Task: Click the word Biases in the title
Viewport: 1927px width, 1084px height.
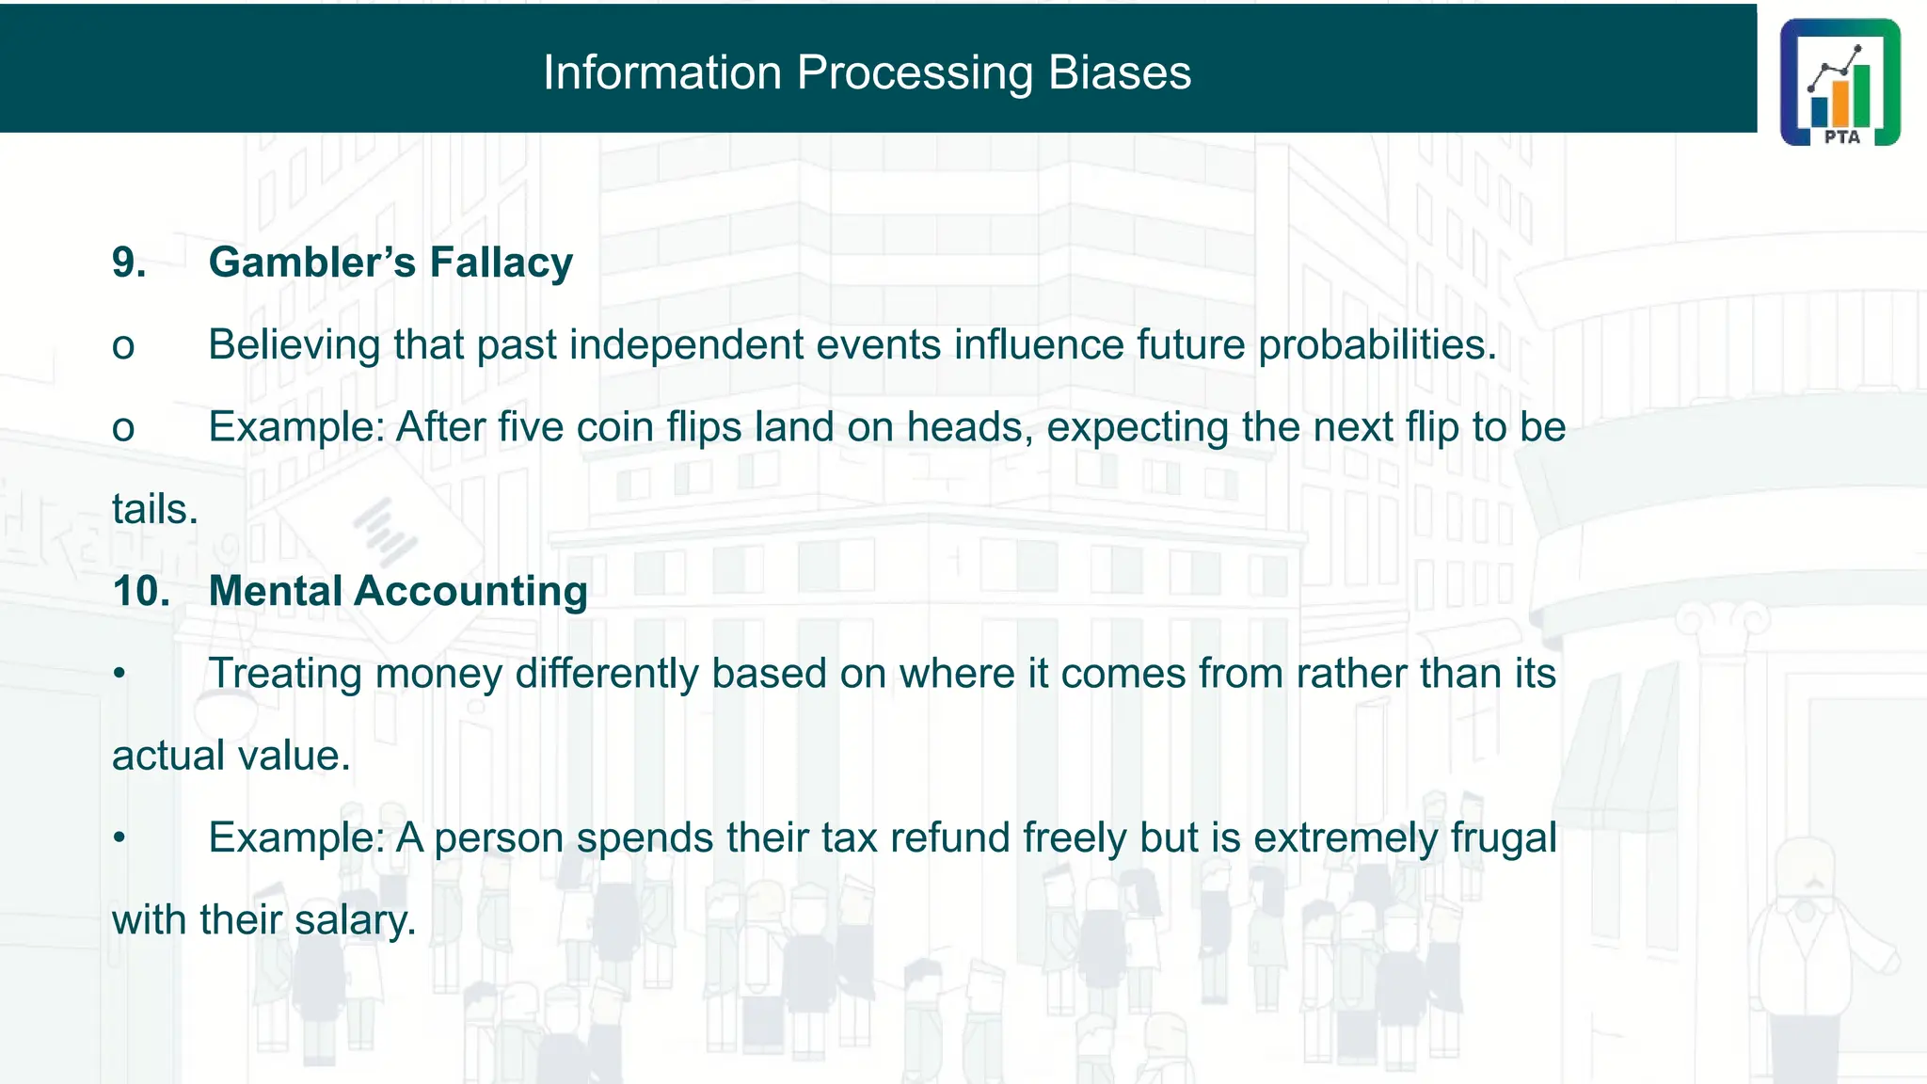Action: point(1119,72)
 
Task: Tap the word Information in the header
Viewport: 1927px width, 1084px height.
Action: point(661,72)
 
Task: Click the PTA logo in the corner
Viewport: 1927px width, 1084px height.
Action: point(1839,82)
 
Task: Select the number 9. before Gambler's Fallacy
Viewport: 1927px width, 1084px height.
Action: point(129,263)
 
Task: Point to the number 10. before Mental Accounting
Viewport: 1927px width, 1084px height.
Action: point(141,591)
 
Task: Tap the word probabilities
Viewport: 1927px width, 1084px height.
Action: point(1377,345)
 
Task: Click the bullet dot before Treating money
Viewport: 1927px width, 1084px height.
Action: point(119,674)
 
